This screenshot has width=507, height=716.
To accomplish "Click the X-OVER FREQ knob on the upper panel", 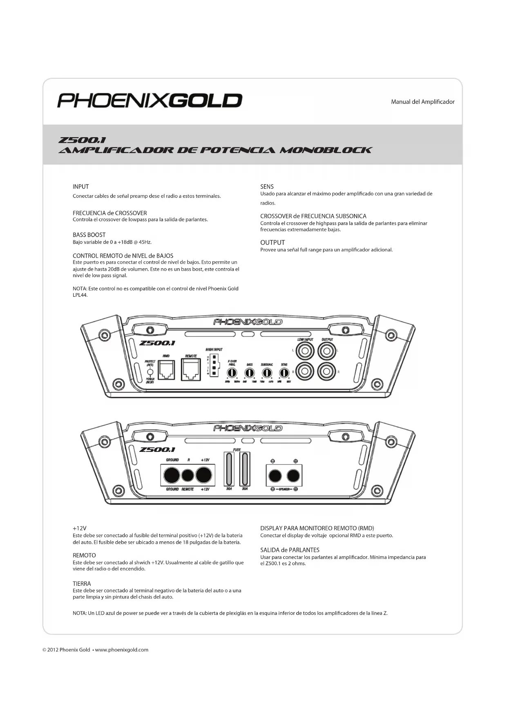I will click(232, 372).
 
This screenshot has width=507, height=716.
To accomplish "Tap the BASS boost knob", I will click(249, 372).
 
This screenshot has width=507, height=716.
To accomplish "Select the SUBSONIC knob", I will click(267, 372).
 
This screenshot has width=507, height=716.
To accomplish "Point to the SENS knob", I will click(284, 372).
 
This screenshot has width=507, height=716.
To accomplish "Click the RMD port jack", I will click(166, 370).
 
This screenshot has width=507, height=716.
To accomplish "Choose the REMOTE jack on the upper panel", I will click(191, 370).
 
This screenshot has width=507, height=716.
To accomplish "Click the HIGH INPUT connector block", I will click(214, 365).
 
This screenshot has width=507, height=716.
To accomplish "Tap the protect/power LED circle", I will click(150, 372).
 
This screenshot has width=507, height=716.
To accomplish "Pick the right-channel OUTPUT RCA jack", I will click(327, 371).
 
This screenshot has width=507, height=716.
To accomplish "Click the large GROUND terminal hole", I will click(172, 475).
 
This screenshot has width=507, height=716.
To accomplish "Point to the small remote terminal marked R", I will click(188, 475).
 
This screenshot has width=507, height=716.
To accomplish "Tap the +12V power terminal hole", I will click(204, 475).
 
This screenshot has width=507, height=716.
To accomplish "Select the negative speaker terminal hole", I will click(275, 476).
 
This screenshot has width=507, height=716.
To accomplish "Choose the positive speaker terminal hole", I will click(293, 476).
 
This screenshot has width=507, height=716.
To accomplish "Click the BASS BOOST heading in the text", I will click(89, 235).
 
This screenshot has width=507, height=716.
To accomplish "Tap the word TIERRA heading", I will click(82, 584).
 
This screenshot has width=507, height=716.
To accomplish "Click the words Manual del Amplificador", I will click(422, 102).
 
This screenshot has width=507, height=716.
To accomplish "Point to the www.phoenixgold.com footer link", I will click(121, 650).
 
